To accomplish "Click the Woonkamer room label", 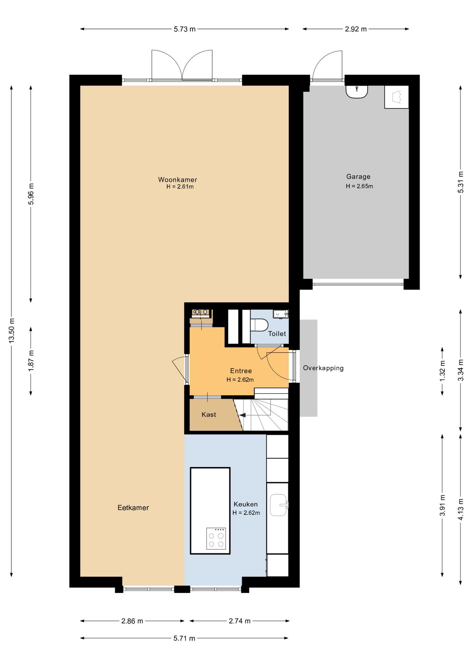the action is coord(177,180).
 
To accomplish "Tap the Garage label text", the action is coord(358,176).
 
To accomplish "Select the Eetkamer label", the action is coord(133,508).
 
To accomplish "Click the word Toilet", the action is coord(277,333).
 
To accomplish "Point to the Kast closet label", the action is coord(209,414).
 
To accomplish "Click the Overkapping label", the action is coord(323,368).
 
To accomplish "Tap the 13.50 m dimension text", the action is coord(12,330).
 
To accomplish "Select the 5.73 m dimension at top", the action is coord(185,29).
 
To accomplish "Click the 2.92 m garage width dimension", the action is coord(356,29).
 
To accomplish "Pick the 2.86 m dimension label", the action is coord(132,621).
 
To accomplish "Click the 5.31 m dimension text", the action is coord(461,182).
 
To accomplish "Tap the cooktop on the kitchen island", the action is coord(216,538).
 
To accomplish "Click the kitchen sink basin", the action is coord(279,505).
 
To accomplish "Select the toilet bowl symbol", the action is coord(259,326).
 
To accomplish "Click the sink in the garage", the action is coord(357,92).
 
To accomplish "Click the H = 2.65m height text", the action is coord(359,186).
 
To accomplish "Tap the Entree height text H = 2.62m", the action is coord(240,380).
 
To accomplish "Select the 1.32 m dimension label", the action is coord(442,371).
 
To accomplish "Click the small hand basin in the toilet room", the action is coord(280,314).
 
